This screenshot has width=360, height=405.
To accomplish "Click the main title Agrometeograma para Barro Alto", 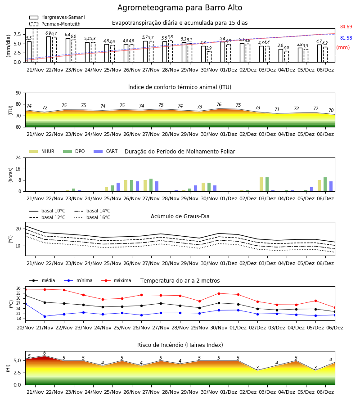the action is point(180,8).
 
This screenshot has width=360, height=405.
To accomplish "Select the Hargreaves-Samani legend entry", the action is point(57,17).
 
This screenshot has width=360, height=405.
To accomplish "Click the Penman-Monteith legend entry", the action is point(55,24).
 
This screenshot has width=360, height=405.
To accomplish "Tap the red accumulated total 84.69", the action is point(346,27).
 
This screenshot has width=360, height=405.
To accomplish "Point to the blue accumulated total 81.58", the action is point(346,38).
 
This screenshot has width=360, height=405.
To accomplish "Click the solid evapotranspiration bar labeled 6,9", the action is point(49,49).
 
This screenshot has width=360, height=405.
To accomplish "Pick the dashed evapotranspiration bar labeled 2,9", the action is point(209,57).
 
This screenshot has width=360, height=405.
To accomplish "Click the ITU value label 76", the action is point(219,104).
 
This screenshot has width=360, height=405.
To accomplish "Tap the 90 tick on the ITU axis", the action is point(18,93).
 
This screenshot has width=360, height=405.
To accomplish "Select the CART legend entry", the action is point(105,151).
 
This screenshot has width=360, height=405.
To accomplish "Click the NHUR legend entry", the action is point(42,151).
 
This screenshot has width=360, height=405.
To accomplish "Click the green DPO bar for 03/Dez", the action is point(267,184).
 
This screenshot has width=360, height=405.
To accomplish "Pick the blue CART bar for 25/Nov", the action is point(118,187).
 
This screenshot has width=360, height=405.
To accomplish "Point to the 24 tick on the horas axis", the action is point(18,157).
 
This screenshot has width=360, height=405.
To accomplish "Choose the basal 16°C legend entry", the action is point(92,217).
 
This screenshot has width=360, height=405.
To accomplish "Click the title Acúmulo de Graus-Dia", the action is point(180,216).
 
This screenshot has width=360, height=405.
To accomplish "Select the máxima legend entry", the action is point(116,280).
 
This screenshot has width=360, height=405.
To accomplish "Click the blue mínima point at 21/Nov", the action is point(45,316).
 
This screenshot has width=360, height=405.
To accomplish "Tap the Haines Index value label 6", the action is point(45,353).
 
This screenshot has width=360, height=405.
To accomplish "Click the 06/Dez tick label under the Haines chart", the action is point(325,392).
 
